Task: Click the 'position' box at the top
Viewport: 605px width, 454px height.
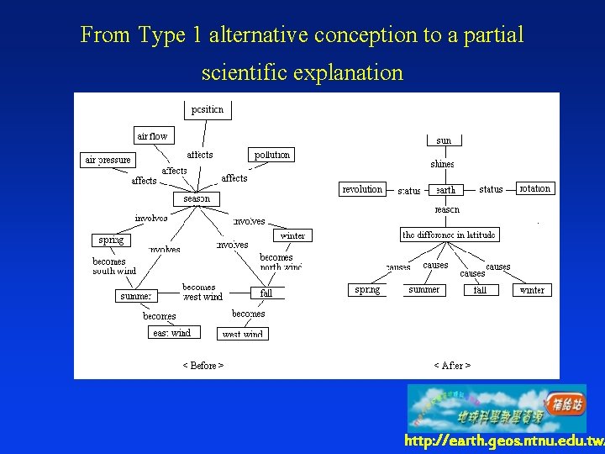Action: pyautogui.click(x=208, y=109)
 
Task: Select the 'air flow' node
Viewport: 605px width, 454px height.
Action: pyautogui.click(x=152, y=135)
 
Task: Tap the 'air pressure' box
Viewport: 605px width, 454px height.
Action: pyautogui.click(x=108, y=160)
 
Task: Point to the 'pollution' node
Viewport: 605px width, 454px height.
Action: pyautogui.click(x=271, y=155)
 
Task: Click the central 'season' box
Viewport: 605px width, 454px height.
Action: pyautogui.click(x=197, y=199)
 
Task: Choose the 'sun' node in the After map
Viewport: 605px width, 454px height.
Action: pyautogui.click(x=444, y=140)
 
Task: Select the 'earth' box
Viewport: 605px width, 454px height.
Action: pyautogui.click(x=445, y=190)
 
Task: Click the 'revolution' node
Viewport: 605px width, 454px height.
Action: pyautogui.click(x=362, y=189)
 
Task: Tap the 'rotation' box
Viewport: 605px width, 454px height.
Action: pyautogui.click(x=535, y=188)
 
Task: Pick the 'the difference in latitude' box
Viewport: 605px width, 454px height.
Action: pyautogui.click(x=449, y=235)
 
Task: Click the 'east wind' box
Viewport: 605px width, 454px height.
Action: pyautogui.click(x=171, y=333)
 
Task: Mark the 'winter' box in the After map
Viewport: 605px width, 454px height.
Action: pyautogui.click(x=532, y=290)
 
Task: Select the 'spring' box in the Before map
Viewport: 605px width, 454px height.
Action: pyautogui.click(x=111, y=240)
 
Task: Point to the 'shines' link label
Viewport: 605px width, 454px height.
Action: pyautogui.click(x=442, y=165)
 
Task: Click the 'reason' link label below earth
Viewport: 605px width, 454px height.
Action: pyautogui.click(x=447, y=209)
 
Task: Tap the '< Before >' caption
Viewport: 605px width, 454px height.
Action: pyautogui.click(x=203, y=366)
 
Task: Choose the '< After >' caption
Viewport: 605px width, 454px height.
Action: pyautogui.click(x=452, y=366)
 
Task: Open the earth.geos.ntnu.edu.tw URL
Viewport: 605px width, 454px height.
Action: pyautogui.click(x=504, y=441)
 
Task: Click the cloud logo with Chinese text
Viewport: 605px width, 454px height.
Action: pyautogui.click(x=497, y=408)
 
